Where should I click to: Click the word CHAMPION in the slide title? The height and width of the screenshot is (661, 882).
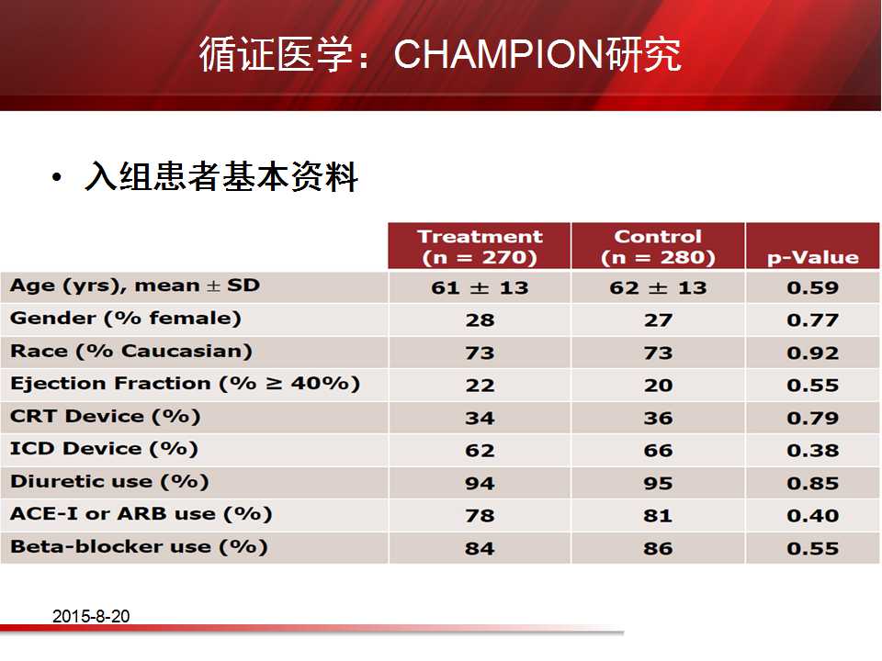click(x=498, y=54)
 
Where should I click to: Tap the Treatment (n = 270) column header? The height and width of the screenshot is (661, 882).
click(x=480, y=247)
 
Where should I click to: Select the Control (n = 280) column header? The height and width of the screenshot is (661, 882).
click(x=658, y=247)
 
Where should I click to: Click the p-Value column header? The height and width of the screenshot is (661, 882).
click(x=813, y=257)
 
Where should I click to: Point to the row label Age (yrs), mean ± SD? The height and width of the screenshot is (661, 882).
click(x=135, y=286)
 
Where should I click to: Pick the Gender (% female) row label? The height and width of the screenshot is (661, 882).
click(x=126, y=319)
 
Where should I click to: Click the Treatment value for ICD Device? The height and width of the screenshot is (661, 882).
click(x=480, y=451)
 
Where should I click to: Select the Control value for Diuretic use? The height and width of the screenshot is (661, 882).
click(x=658, y=484)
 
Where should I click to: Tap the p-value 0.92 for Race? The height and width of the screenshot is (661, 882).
click(x=813, y=353)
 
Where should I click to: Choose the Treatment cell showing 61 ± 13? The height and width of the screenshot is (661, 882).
click(x=480, y=287)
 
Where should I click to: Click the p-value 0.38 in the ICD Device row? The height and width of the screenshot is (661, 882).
click(x=813, y=451)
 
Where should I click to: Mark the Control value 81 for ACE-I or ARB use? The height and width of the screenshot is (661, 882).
click(x=658, y=516)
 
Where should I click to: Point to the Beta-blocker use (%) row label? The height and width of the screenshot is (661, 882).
click(x=139, y=547)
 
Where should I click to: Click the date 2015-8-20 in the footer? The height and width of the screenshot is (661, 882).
click(x=91, y=616)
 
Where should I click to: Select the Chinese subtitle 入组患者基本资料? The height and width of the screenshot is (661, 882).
click(x=221, y=176)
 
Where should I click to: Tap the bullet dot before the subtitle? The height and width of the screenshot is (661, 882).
click(x=56, y=178)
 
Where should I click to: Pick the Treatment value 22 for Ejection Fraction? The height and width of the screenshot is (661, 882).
click(x=480, y=386)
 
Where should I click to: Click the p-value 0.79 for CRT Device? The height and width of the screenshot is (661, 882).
click(x=813, y=419)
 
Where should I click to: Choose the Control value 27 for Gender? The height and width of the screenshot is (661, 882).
click(x=658, y=320)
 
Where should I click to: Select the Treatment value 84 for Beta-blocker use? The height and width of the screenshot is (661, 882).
click(x=480, y=549)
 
